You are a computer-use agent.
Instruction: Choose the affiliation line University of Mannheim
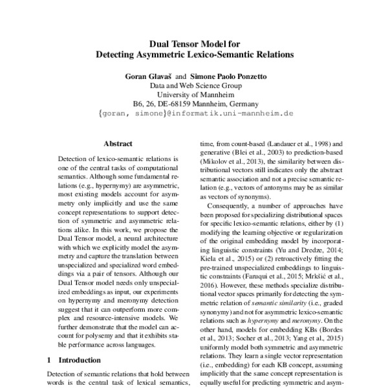click(x=194, y=94)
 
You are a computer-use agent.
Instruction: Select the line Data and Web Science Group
click(x=194, y=85)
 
